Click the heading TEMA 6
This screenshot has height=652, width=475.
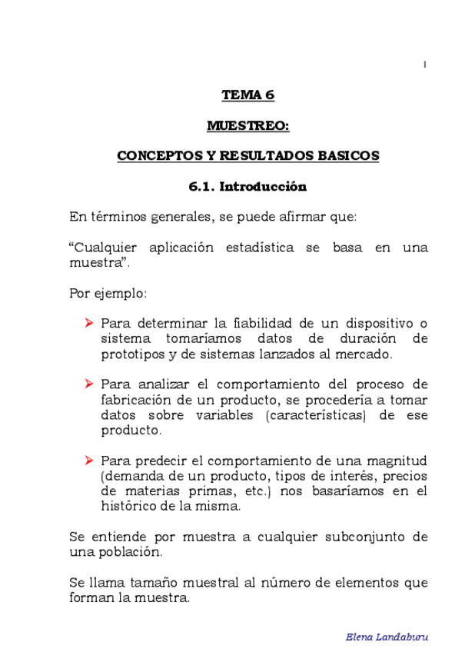tap(247, 95)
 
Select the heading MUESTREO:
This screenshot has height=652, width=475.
tap(247, 125)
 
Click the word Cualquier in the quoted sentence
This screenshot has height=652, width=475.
tap(107, 248)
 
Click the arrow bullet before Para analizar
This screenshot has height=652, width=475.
tap(89, 384)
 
